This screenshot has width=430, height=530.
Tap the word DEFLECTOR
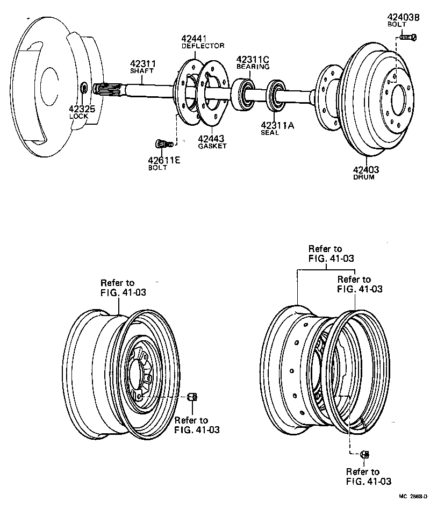[x=203, y=46]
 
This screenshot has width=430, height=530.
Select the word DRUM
[x=363, y=177]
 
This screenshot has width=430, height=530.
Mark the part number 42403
[x=365, y=170]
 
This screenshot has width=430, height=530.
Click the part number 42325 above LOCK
[x=82, y=108]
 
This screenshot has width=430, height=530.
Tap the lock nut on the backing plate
[x=85, y=88]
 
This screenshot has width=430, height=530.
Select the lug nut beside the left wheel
[x=192, y=397]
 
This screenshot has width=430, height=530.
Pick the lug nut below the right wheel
[x=364, y=455]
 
